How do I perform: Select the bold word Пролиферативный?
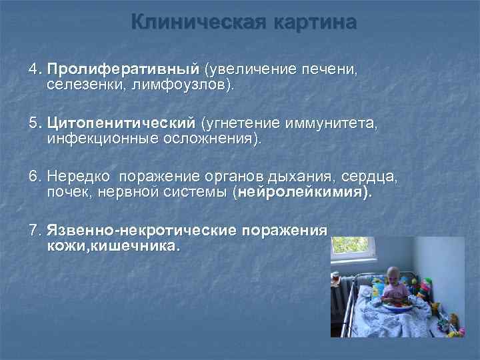(x=123, y=69)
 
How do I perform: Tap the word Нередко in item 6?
(x=79, y=177)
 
